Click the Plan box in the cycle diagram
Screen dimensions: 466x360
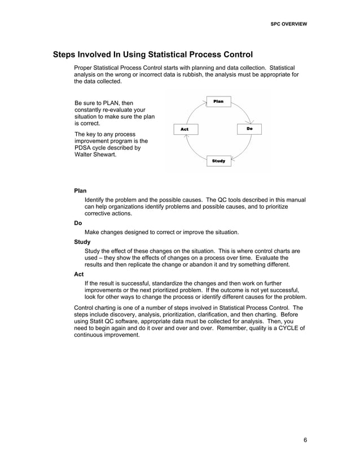(218, 102)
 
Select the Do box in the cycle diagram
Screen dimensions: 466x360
(249, 129)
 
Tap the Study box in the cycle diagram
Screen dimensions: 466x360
(218, 161)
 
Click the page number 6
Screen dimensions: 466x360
(305, 441)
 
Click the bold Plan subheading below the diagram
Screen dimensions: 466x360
(81, 191)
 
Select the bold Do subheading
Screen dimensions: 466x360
(78, 223)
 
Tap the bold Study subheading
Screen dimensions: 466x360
(82, 241)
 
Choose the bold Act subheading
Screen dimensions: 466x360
(80, 274)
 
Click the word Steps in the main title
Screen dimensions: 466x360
(67, 55)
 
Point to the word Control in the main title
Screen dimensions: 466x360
(232, 55)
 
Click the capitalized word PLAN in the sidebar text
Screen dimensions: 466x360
(111, 103)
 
